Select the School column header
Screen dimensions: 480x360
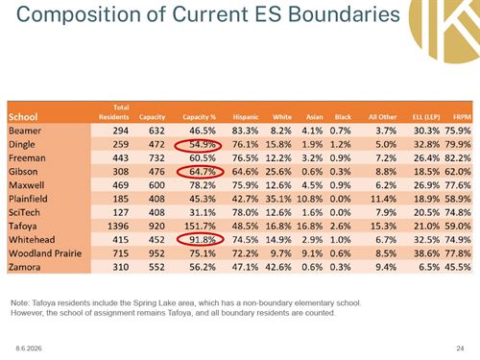click(23, 117)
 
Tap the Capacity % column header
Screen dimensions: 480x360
click(199, 117)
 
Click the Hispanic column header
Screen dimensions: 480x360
click(246, 117)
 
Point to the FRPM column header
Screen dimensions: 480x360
click(462, 117)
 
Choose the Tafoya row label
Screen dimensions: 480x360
click(23, 227)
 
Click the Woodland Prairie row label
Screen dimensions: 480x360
click(45, 253)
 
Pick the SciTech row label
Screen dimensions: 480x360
click(24, 212)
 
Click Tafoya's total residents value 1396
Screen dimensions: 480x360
click(118, 227)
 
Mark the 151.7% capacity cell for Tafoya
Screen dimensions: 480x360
click(200, 227)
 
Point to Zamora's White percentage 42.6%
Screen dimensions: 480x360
click(278, 267)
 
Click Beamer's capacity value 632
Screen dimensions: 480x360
click(156, 131)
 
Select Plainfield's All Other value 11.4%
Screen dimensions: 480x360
click(383, 199)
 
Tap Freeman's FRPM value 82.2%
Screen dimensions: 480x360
click(458, 157)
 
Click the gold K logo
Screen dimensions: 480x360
click(444, 30)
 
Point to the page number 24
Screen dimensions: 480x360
click(460, 348)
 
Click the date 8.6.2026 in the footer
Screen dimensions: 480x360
click(29, 348)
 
